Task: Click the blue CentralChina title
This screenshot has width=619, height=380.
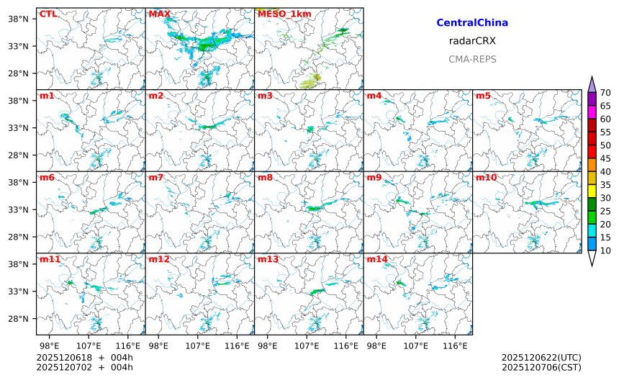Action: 472,23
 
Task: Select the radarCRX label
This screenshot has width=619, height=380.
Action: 472,41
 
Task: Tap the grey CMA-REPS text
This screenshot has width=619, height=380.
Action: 472,59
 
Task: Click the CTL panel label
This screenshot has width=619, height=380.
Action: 48,14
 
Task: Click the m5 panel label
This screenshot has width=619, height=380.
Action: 484,96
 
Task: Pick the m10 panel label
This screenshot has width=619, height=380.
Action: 486,177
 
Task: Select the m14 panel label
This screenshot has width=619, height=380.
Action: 377,258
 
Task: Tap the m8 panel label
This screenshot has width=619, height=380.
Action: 265,177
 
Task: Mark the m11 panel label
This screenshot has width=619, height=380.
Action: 50,258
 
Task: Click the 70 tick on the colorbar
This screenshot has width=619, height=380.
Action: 605,92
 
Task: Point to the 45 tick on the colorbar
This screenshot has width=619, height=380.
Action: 605,158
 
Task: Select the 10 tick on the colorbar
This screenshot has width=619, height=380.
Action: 605,250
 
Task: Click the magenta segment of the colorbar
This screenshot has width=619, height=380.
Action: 592,112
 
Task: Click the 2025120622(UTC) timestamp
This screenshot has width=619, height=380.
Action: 541,358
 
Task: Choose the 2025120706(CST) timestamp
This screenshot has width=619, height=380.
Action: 541,367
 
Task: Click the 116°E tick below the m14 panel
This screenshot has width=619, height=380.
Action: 455,346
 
